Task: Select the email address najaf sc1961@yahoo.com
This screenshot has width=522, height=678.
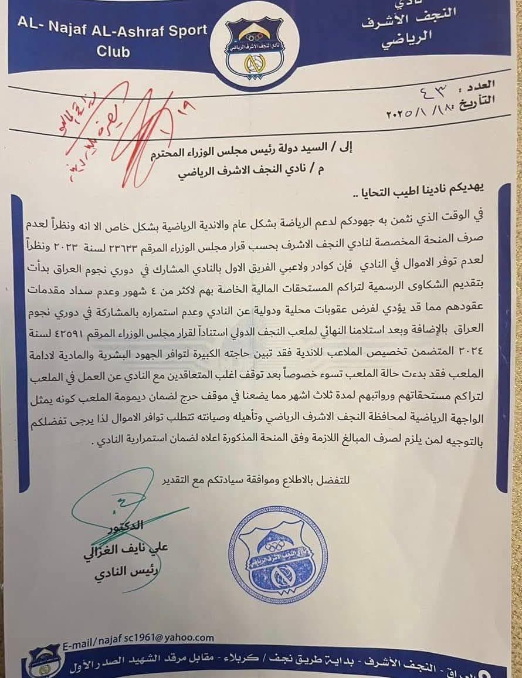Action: pyautogui.click(x=138, y=638)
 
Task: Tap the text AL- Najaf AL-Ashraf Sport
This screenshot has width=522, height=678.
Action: pyautogui.click(x=112, y=30)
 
